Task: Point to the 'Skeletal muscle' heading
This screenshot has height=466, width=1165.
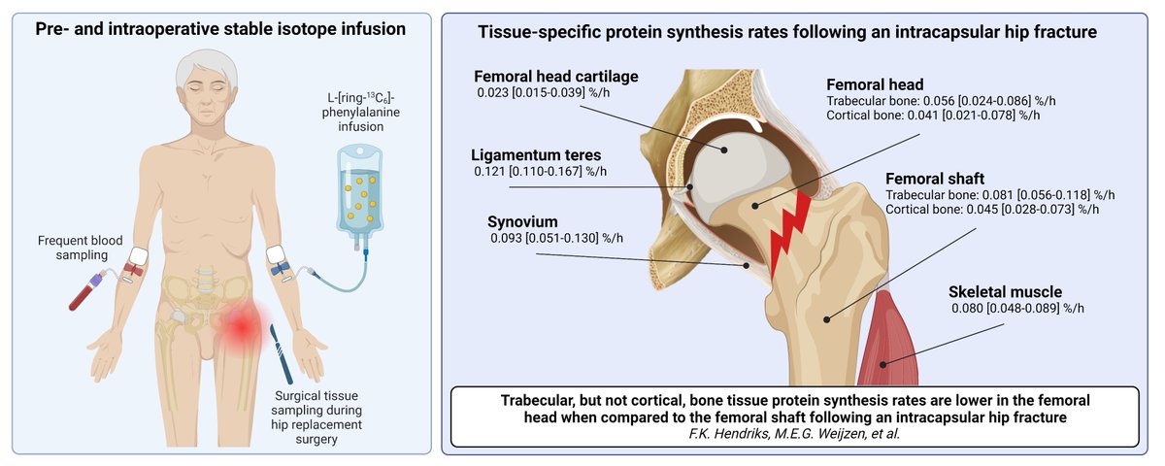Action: [x=1006, y=291]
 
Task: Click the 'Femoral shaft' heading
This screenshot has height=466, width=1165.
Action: [x=935, y=179]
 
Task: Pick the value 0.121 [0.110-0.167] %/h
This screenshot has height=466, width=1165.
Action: [x=541, y=172]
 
